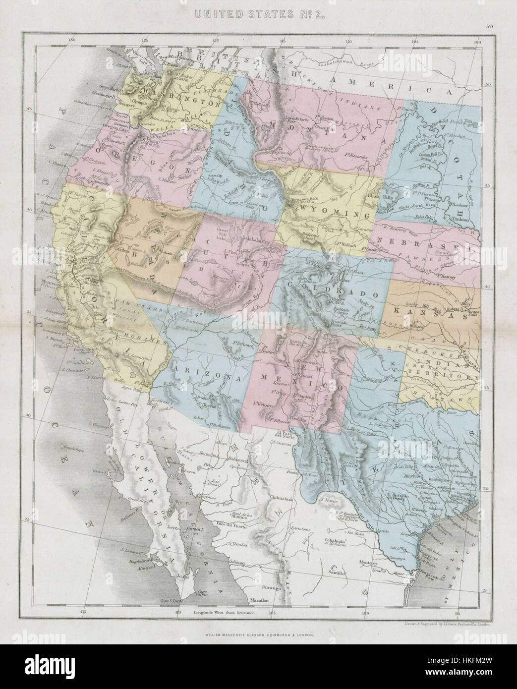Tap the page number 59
(489, 28)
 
